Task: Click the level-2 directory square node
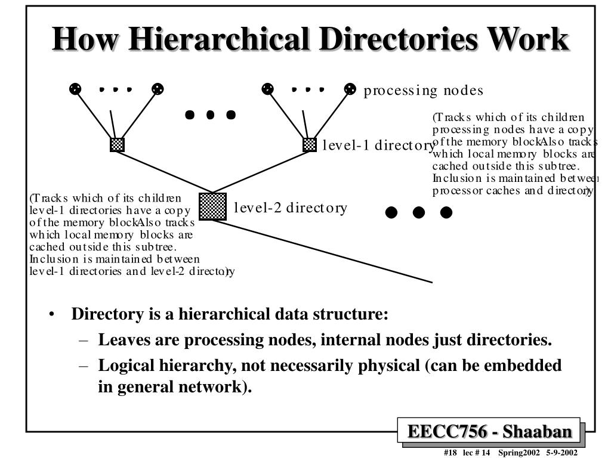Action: pyautogui.click(x=212, y=206)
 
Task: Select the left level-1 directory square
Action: pyautogui.click(x=117, y=144)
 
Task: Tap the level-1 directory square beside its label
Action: pyautogui.click(x=309, y=144)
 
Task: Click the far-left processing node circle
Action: pyautogui.click(x=75, y=89)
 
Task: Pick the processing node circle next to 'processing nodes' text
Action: pyautogui.click(x=350, y=89)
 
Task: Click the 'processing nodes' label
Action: pyautogui.click(x=423, y=91)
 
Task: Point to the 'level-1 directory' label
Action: pyautogui.click(x=378, y=146)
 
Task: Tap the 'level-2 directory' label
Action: pyautogui.click(x=290, y=208)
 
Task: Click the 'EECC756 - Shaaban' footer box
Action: pyautogui.click(x=490, y=431)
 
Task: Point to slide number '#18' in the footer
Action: pyautogui.click(x=450, y=453)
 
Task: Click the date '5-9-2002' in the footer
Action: pyautogui.click(x=561, y=453)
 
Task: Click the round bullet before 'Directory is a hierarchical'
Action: pyautogui.click(x=54, y=314)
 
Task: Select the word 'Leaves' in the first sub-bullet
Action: pyautogui.click(x=121, y=340)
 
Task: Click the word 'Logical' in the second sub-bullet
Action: pyautogui.click(x=123, y=365)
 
